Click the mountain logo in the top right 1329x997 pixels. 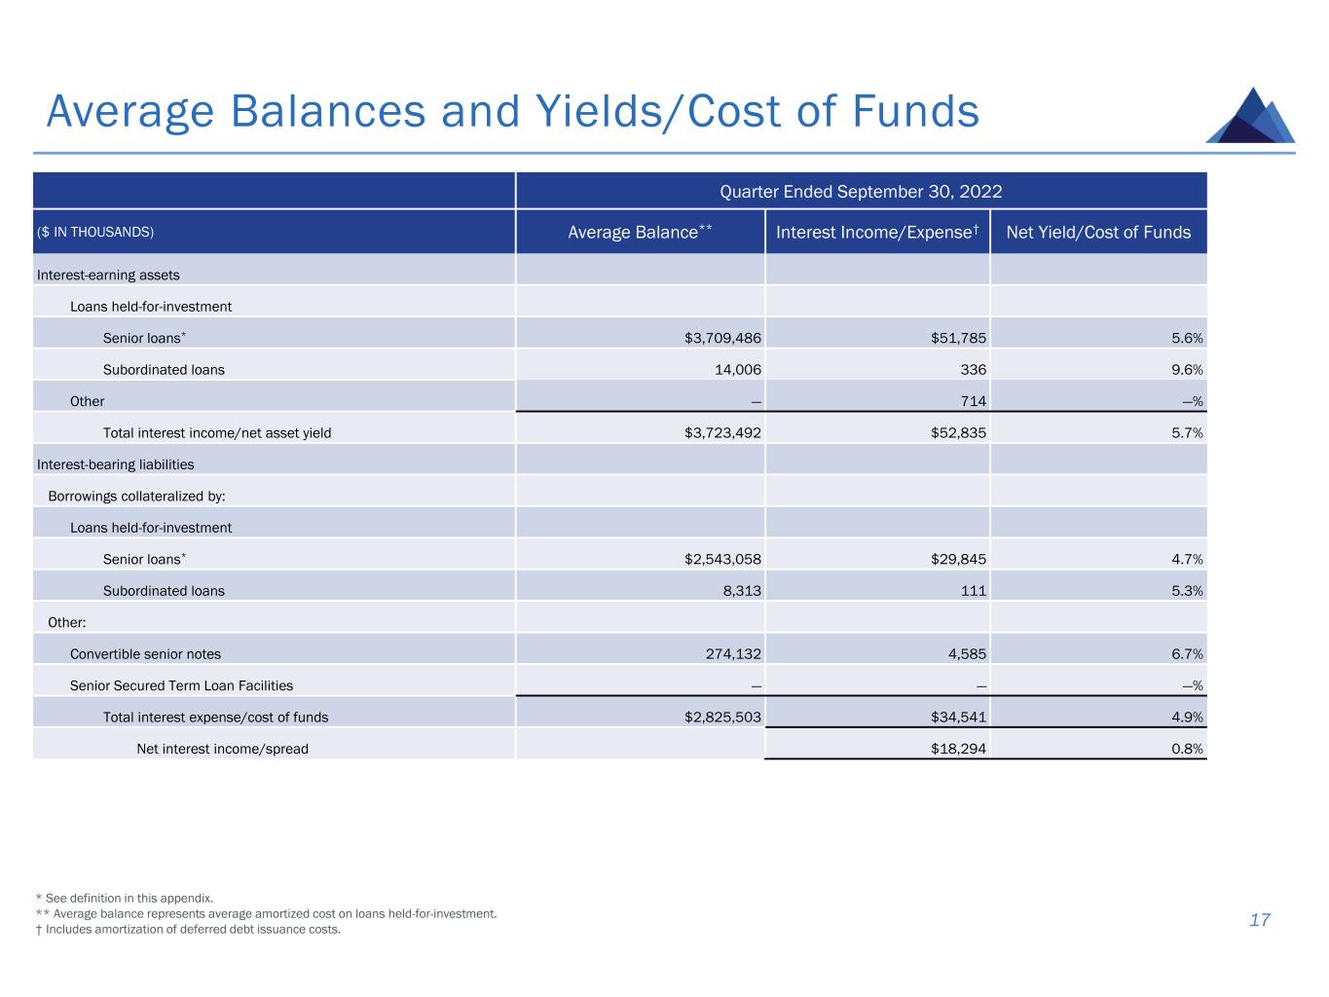pos(1250,116)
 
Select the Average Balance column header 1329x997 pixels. pos(640,232)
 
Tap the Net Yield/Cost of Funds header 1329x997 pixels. pos(1097,232)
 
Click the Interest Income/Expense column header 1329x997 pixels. pos(876,232)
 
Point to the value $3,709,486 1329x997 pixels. pos(722,338)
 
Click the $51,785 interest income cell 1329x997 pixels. pos(958,338)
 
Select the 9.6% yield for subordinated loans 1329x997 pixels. pos(1187,370)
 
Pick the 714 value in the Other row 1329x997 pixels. pos(973,401)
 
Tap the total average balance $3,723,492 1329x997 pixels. pos(722,432)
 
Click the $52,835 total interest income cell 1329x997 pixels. pos(958,432)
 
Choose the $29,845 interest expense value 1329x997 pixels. pos(958,559)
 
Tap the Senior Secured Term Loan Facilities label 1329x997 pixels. pos(181,685)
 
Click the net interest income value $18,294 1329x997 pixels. pos(958,749)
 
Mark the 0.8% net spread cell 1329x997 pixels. pos(1187,749)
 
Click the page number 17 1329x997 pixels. pos(1259,920)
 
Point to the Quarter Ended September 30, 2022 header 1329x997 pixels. pos(861,191)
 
